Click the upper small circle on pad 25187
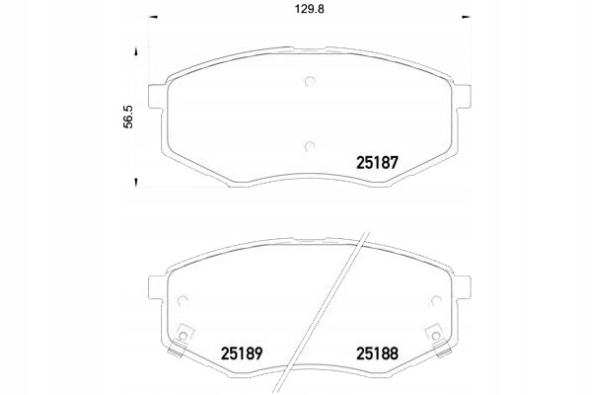[309, 83]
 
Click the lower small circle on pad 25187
[309, 147]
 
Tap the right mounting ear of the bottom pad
[459, 286]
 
